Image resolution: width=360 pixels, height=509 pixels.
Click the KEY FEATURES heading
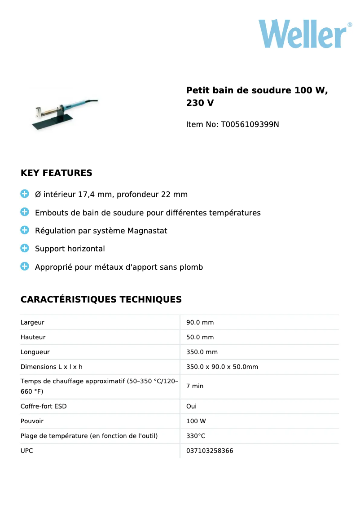[57, 173]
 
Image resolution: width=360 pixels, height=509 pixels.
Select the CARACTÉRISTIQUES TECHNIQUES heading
[101, 299]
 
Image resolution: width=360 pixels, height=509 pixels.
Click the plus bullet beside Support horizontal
[25, 248]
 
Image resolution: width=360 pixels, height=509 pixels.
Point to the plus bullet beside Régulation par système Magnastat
[25, 230]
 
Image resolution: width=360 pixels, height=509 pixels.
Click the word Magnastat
[147, 231]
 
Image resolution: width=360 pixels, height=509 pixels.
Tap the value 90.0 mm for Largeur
[200, 322]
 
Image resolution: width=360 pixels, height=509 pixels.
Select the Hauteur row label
[33, 337]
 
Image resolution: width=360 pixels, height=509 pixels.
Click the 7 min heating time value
[195, 386]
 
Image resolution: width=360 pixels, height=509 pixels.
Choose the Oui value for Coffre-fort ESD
[191, 406]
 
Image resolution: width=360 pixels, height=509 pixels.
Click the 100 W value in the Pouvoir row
[196, 421]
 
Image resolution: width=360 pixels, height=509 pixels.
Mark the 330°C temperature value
[196, 436]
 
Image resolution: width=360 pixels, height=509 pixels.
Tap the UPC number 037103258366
[210, 451]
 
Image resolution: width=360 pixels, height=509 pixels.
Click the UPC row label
[26, 451]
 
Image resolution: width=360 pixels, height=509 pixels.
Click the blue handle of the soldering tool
[74, 105]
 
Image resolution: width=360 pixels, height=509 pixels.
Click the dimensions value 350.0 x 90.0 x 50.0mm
[222, 367]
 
